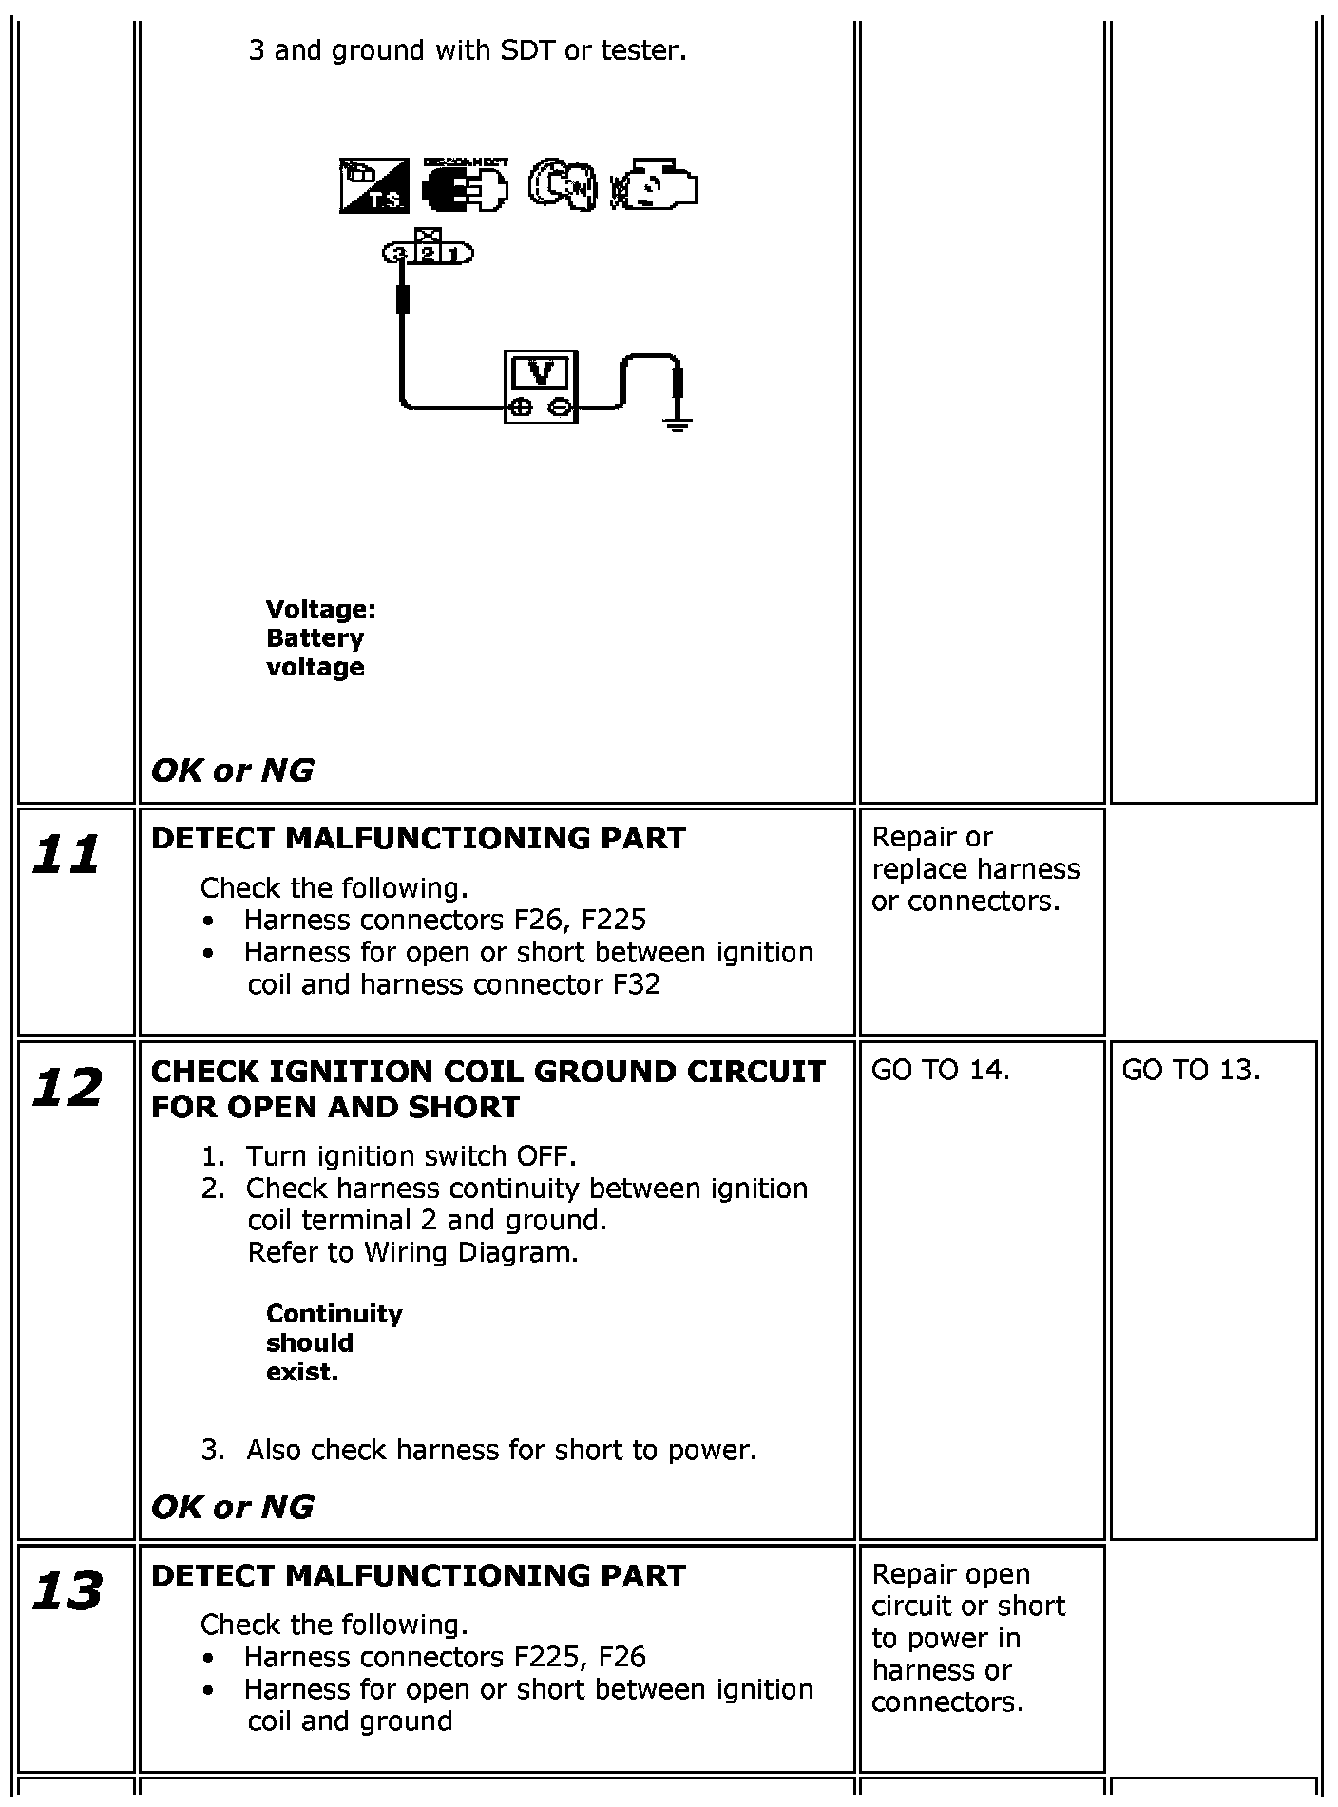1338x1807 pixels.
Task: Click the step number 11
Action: [67, 854]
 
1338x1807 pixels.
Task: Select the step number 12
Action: [67, 1088]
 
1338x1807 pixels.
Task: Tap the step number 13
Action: [67, 1591]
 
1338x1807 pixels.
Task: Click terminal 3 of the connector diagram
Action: [400, 254]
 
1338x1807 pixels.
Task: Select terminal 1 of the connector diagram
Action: [456, 254]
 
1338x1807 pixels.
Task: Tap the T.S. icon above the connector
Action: [373, 185]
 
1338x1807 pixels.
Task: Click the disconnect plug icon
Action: [465, 185]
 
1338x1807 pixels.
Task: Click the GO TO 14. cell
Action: [940, 1070]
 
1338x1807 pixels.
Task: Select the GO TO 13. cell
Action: [1191, 1070]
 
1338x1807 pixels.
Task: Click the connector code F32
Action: [636, 984]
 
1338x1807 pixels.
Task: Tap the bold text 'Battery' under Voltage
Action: [315, 638]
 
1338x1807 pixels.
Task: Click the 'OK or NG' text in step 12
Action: [233, 1507]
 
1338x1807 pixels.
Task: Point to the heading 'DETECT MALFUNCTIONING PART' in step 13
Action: [418, 1575]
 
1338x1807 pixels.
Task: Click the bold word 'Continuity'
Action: [334, 1314]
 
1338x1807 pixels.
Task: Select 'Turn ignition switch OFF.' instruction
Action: [411, 1156]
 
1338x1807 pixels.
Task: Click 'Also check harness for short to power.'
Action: [501, 1450]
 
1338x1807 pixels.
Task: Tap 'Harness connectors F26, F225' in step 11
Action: [445, 920]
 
